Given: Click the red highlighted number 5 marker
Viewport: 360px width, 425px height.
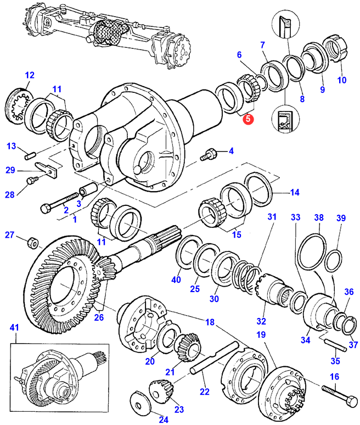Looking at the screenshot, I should pos(248,118).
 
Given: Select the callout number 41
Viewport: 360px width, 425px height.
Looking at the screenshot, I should pos(14,328).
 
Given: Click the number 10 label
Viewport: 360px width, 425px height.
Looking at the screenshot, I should pos(342,80).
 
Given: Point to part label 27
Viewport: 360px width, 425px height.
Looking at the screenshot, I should pos(9,236).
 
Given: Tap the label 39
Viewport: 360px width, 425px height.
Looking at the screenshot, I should pos(341,218).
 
